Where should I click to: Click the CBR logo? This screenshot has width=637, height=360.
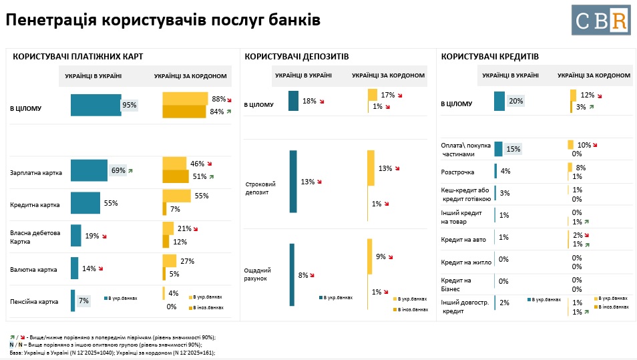(x=600, y=19)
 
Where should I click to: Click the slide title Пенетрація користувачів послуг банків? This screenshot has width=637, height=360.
(x=162, y=20)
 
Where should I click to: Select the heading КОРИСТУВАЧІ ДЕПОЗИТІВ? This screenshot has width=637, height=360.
(x=296, y=57)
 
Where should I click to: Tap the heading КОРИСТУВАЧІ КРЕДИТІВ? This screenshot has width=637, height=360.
(x=490, y=57)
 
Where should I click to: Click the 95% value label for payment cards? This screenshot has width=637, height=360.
(x=129, y=105)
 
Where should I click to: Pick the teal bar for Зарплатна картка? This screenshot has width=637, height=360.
(x=89, y=170)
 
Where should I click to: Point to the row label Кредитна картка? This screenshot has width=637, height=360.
(x=35, y=204)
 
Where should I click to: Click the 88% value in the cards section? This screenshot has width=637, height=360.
(x=218, y=99)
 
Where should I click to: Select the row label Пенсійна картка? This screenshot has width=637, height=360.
(x=35, y=301)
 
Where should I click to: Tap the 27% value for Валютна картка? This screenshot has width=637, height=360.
(x=187, y=261)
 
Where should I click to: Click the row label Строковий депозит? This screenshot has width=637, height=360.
(x=260, y=188)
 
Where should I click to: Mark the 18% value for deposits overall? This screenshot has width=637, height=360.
(x=308, y=102)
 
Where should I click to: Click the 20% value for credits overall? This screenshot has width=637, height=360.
(x=515, y=102)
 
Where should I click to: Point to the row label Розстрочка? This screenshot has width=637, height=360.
(x=457, y=172)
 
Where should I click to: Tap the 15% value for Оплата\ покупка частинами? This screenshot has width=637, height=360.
(x=513, y=149)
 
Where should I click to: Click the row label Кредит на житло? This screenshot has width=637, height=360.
(x=466, y=261)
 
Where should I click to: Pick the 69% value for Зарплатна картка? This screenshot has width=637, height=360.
(x=118, y=170)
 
